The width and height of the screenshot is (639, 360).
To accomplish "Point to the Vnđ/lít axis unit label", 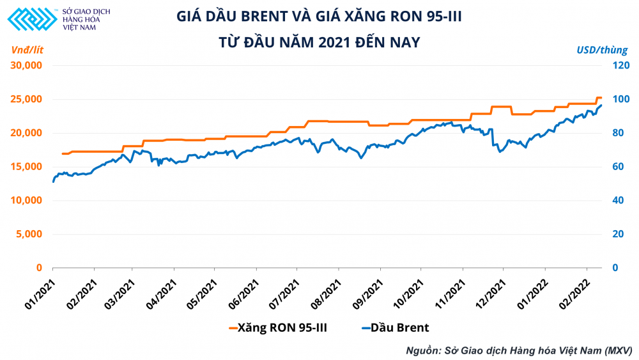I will pos(27,49).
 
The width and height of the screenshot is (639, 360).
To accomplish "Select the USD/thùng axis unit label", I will pos(602,49).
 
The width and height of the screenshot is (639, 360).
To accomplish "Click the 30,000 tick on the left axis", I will pos(26,65).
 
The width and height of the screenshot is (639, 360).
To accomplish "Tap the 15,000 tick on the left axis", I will pos(26,166).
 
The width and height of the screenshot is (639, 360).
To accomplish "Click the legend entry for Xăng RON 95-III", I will pos(278,328).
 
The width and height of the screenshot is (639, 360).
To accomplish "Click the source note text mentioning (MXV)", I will pos(518,350).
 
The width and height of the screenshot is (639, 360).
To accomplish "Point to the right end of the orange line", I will pos(601,98).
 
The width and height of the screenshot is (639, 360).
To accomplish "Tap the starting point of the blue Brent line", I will pos(53,182).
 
